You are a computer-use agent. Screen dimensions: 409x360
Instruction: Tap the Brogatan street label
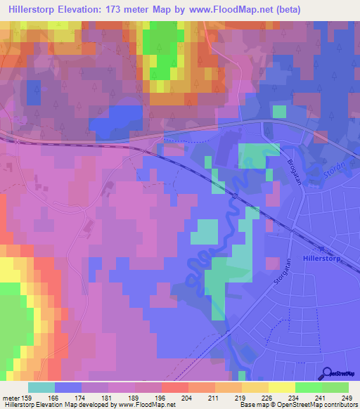(276, 169)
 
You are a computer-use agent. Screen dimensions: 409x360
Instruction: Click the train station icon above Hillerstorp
(323, 249)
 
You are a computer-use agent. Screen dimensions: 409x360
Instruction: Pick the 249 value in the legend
(348, 397)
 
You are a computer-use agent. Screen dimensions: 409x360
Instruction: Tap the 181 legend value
(108, 397)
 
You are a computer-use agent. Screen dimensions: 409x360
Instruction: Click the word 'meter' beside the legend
(11, 397)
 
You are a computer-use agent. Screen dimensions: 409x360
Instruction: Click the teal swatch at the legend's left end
(41, 387)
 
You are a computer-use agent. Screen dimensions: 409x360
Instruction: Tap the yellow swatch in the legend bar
(282, 387)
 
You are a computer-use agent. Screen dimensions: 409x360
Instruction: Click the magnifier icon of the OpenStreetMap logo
(328, 374)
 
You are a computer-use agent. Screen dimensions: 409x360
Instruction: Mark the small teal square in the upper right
(280, 111)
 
